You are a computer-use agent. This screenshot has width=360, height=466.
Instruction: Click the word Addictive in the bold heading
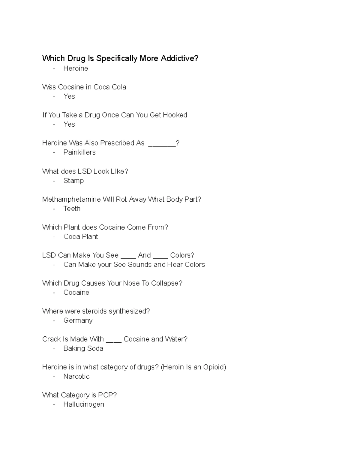179,58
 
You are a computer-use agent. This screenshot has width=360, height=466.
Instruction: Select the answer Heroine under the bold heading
76,68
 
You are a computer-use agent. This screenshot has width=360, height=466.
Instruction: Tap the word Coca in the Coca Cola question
101,87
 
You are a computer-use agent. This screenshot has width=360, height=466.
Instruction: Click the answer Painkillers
79,152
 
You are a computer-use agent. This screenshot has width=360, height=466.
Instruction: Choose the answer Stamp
73,181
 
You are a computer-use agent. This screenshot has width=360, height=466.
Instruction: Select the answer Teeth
72,209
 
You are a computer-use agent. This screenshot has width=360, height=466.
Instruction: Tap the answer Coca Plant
81,236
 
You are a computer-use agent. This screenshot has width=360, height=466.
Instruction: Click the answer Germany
78,320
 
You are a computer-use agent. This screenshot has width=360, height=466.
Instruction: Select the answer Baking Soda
83,348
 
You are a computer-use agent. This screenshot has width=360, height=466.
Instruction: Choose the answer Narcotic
76,376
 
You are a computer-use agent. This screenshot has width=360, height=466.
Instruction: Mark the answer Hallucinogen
84,404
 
